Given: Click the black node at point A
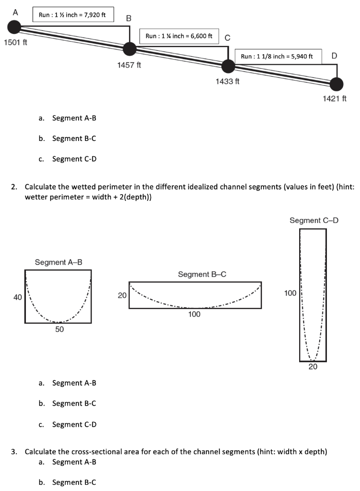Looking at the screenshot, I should coord(14,27).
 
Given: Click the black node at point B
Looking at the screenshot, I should coord(129,48).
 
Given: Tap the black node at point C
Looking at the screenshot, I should coord(229,66).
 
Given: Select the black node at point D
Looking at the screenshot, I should coord(337,84).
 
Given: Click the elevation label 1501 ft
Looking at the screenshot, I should coord(15,43).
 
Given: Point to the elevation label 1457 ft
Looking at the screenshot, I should coord(129,65).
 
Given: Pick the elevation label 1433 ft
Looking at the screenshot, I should coord(228,82).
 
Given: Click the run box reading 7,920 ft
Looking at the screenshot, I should coord(73,15).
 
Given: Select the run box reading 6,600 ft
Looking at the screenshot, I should coord(179,36).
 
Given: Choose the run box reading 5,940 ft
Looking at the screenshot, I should coord(279,56).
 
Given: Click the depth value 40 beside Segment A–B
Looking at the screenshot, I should coord(17,297).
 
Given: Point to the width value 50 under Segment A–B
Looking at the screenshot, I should coord(58,330).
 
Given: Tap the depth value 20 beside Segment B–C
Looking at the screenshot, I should coord(122,295).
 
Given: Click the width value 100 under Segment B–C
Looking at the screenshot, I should coord(194,315).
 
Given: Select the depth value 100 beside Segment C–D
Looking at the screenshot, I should coord(290,292).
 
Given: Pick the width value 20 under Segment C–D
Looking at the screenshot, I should coord(313,367).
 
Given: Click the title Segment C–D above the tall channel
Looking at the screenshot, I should coord(314,221).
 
